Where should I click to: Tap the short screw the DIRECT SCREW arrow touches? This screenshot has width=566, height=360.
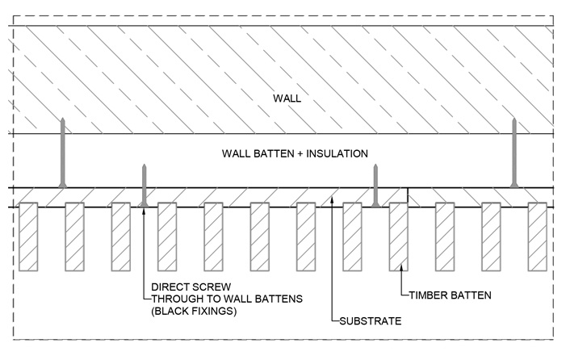(x=143, y=185)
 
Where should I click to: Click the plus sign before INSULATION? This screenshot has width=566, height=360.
(x=300, y=153)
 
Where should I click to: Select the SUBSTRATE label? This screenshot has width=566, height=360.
(x=369, y=321)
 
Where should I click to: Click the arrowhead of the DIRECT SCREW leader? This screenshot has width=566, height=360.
(x=143, y=209)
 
